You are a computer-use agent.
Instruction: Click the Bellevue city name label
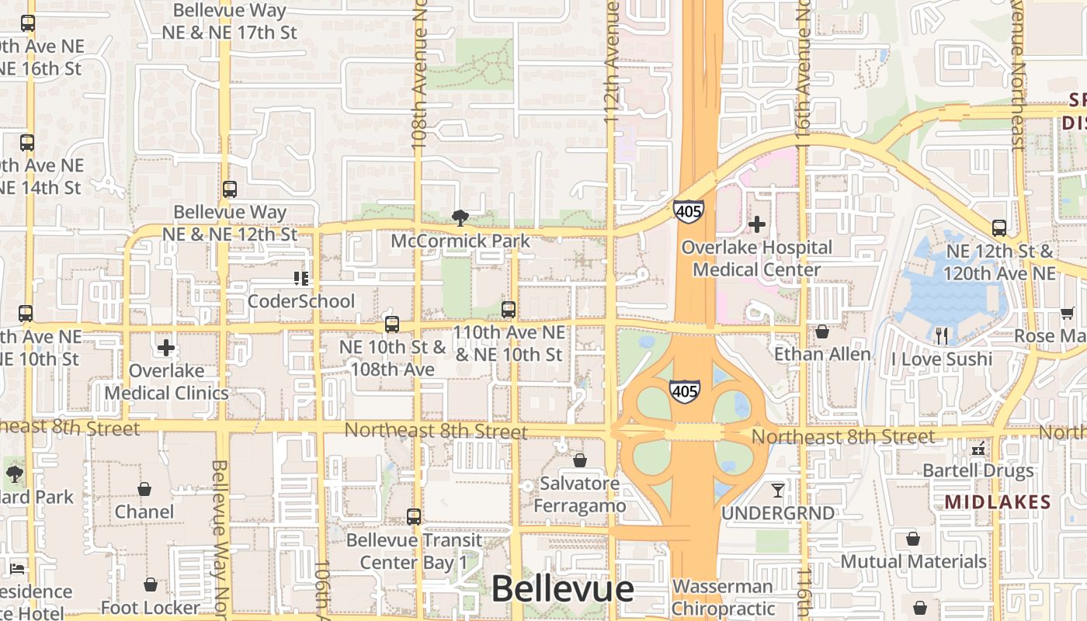[562, 589]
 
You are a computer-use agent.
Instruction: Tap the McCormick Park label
[460, 241]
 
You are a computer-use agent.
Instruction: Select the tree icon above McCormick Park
[460, 217]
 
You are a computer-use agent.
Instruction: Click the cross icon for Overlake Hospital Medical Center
[756, 224]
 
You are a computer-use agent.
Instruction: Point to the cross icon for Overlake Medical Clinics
[166, 347]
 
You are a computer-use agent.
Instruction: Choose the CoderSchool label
[300, 301]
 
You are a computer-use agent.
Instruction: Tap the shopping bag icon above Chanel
[144, 488]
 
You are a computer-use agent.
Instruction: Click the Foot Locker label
[151, 608]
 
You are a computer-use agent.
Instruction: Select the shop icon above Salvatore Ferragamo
[579, 460]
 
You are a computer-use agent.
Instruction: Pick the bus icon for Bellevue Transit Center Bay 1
[414, 516]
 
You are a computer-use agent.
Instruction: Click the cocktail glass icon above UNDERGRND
[777, 490]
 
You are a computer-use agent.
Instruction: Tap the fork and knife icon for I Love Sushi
[942, 335]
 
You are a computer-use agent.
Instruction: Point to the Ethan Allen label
[822, 355]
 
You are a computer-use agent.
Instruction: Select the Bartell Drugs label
[978, 470]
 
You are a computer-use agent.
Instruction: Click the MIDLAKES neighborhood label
[997, 502]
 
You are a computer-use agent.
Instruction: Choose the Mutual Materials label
[913, 561]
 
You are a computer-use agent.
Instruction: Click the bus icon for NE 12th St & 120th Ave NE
[999, 227]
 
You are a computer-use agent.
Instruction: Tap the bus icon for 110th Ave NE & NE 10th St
[509, 309]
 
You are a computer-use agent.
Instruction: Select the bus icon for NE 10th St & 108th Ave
[392, 324]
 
